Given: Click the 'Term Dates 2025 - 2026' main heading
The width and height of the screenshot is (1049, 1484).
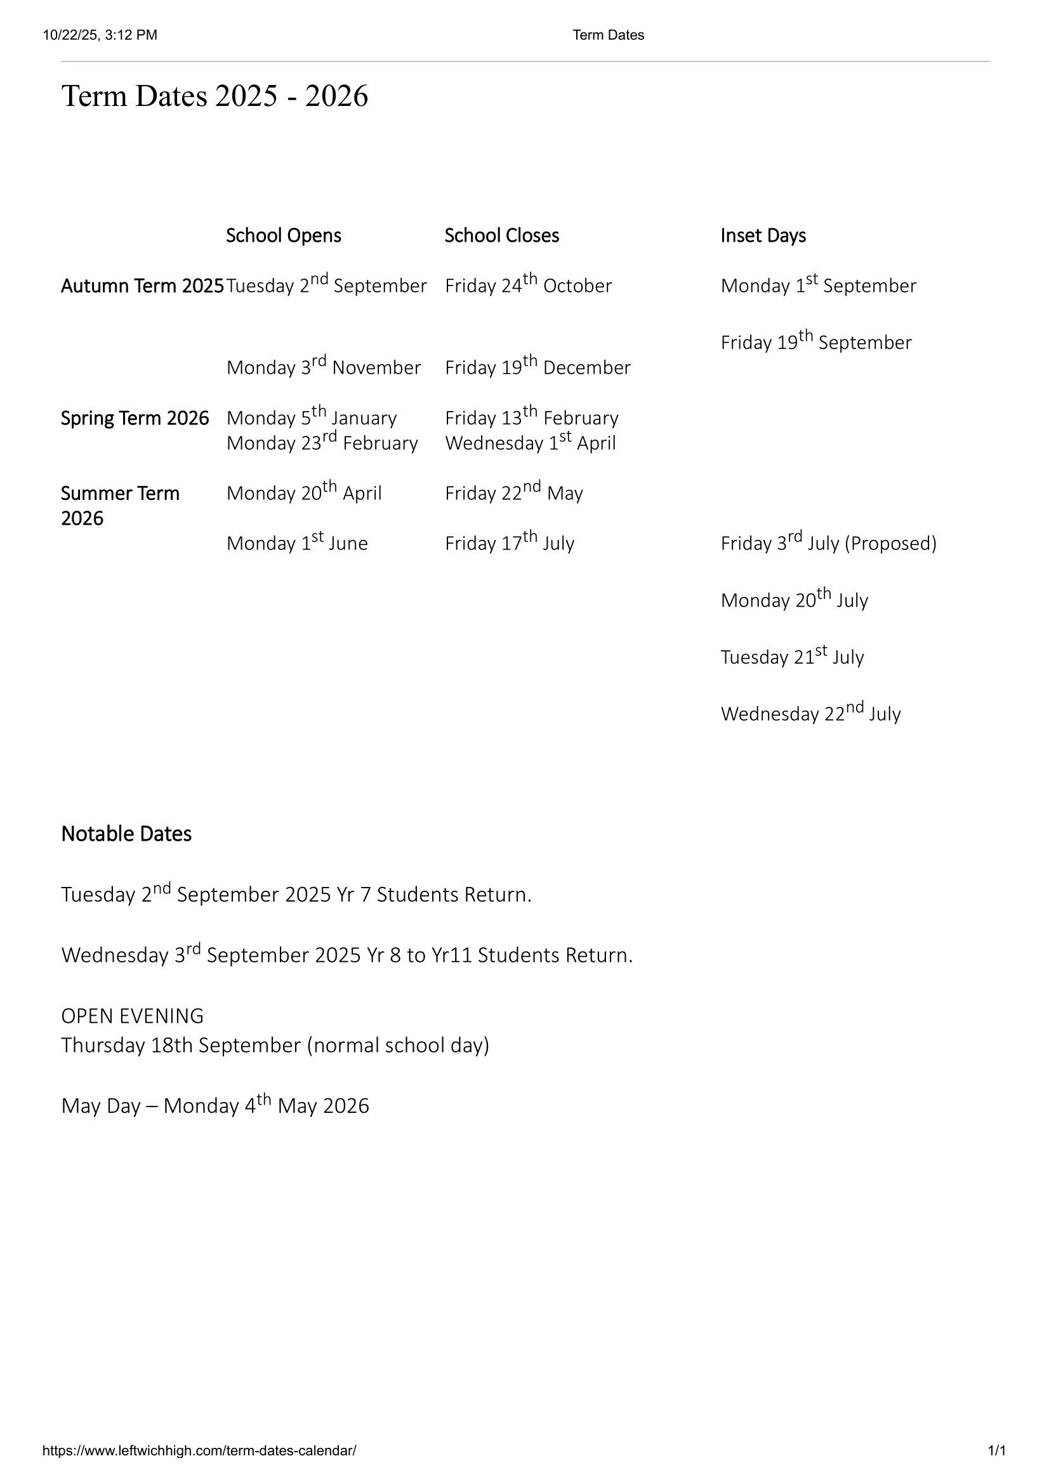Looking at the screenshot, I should coord(214,96).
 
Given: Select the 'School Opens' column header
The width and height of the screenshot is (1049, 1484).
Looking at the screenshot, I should coord(283,236).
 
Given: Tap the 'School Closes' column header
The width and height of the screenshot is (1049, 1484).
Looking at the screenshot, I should coord(501,236).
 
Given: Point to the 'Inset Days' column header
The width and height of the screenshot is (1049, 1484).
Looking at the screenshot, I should coord(763,236).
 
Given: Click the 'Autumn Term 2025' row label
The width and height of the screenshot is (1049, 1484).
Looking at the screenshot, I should coord(142,286).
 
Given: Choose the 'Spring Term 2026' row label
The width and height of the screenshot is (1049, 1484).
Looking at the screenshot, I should coord(135,418).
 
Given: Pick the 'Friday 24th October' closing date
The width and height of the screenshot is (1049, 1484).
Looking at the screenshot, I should coord(528,285).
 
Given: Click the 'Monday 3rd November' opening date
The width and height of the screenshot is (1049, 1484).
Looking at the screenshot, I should coord(323,367).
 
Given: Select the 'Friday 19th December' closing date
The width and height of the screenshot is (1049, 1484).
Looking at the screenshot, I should coord(537,367).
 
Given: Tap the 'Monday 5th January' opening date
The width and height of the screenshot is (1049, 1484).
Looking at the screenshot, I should coord(312,417).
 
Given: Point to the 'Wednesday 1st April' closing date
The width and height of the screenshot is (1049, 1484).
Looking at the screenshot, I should coord(530,443).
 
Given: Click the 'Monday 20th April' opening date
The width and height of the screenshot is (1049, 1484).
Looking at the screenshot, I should coord(304,493).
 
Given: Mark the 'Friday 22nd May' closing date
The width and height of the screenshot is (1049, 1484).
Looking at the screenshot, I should coord(514,493).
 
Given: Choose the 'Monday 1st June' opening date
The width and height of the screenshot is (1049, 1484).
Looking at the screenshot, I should coord(296,543).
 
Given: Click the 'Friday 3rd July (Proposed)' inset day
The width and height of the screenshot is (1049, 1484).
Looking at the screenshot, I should coord(828,543).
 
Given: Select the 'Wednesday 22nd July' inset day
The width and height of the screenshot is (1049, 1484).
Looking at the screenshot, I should coord(810,714).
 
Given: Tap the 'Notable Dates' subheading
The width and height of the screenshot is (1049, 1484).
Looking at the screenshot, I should coord(126,834).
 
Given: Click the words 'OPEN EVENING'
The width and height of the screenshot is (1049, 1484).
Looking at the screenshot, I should coord(133,1016).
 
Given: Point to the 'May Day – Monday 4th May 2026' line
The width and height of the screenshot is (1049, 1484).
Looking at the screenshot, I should coord(215,1106).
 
